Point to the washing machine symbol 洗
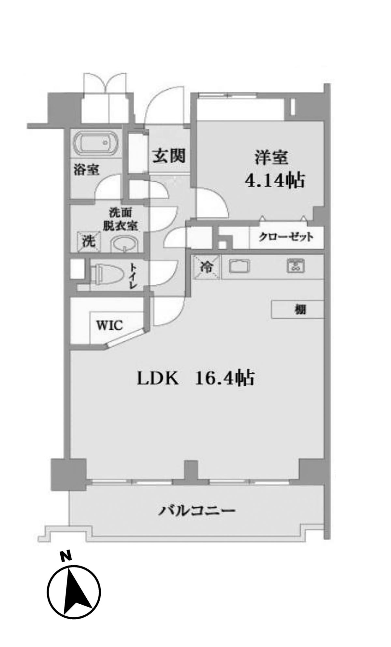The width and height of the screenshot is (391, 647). pos(89,241)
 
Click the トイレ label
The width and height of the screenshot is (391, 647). pos(133,275)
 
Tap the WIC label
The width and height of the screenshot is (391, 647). pos(109,325)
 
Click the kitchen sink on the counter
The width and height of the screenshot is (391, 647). pos(239,266)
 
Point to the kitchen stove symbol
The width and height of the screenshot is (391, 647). pos(296,266)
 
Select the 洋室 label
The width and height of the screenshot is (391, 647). pos(271,158)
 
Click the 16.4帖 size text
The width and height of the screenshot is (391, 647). pos(224,378)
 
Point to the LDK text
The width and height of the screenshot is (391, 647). pos(158,379)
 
